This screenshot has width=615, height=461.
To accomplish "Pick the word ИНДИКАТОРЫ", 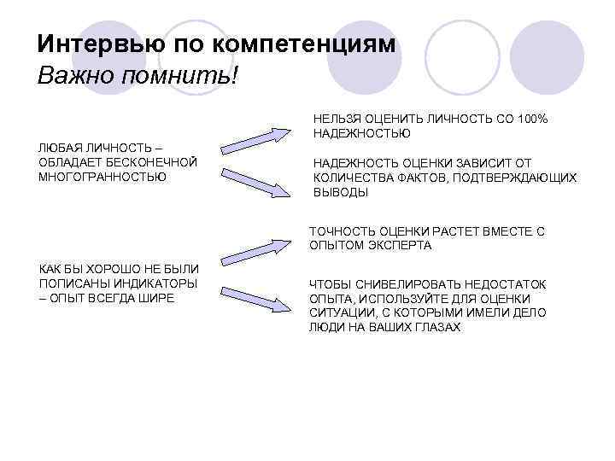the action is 160,283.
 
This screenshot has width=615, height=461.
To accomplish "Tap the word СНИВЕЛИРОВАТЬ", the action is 391,284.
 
